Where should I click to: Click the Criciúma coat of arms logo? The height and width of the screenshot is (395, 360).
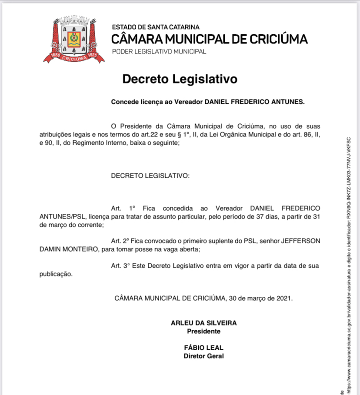(74, 39)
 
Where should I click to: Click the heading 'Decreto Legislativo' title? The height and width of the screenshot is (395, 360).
(180, 79)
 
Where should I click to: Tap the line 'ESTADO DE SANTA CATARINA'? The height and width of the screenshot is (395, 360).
(156, 27)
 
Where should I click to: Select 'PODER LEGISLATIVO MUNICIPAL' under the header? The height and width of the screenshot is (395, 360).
(159, 52)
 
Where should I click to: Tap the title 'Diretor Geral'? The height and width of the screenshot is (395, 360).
(204, 356)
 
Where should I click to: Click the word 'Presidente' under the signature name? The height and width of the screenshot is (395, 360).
(203, 331)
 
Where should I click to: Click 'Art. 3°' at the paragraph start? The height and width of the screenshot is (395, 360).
(120, 265)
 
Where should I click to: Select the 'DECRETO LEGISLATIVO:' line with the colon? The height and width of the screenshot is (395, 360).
(150, 176)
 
